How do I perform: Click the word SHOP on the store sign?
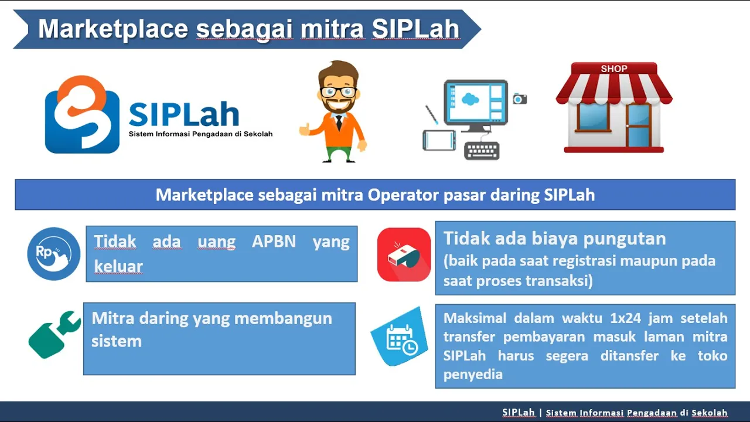tap(614, 69)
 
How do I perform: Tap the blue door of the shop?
tap(639, 126)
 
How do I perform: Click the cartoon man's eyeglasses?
tap(339, 92)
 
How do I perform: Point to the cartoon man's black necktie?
tap(339, 122)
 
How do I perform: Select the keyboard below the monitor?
tap(482, 151)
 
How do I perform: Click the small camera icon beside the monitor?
tap(520, 99)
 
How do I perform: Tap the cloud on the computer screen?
tap(470, 99)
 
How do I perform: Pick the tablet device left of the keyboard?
tap(439, 140)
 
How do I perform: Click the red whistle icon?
tap(404, 254)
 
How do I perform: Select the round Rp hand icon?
tap(53, 254)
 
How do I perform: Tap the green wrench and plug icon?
tap(54, 335)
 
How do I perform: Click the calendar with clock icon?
tap(400, 336)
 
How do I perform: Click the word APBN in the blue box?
tap(274, 241)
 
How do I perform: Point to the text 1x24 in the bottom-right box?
tap(625, 318)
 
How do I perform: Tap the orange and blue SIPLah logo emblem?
tap(82, 114)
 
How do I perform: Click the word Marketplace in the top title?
tap(113, 29)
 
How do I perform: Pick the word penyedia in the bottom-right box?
tap(473, 375)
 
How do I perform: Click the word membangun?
tap(283, 318)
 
